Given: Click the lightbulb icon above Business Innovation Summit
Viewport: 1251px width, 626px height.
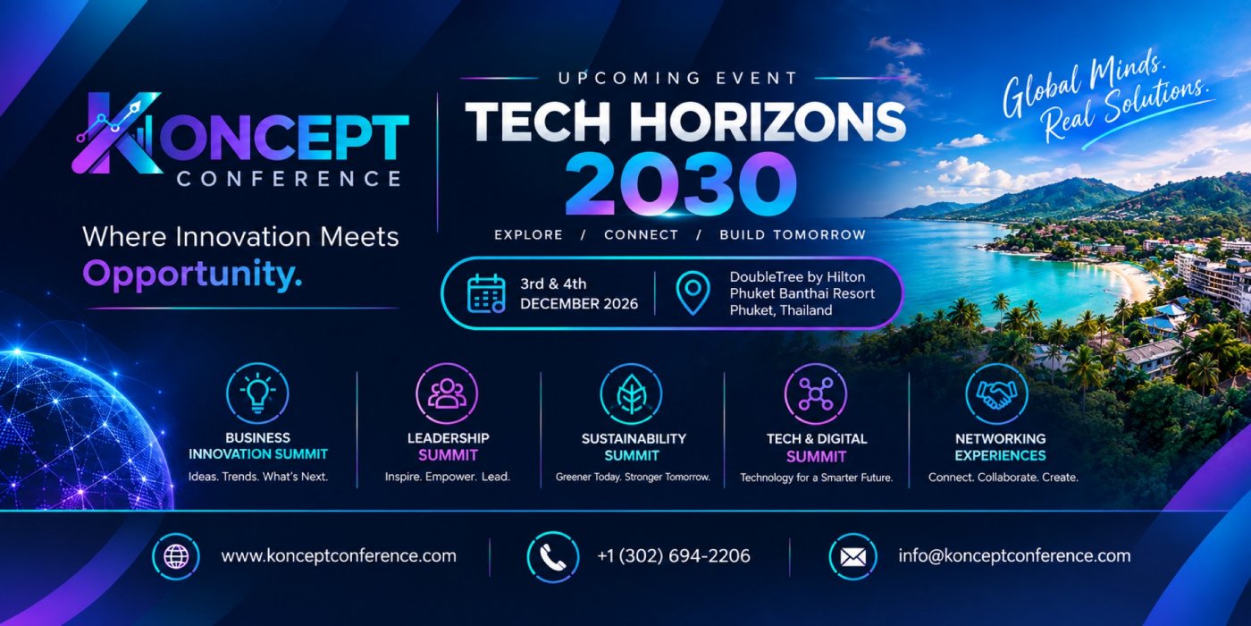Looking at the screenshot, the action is point(257,393).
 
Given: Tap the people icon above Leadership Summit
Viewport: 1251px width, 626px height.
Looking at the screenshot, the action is point(447,393).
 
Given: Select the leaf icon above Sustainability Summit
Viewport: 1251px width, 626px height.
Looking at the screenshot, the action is point(631,393).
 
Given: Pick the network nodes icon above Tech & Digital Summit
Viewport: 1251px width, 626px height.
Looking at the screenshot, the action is point(815,393).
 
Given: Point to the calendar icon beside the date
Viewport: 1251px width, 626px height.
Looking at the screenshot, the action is point(486,293).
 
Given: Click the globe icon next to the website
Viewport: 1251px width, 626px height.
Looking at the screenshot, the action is point(176,556).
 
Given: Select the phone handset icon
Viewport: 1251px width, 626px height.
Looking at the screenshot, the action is point(553,556).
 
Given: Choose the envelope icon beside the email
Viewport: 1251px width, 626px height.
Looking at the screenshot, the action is point(852,556).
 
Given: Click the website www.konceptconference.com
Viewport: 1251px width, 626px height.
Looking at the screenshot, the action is point(339,556).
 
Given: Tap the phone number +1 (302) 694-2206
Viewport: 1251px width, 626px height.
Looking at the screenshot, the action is point(674,556).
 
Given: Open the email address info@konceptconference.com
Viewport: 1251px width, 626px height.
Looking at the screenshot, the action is point(1014,555).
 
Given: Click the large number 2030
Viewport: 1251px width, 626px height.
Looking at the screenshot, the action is point(681,184).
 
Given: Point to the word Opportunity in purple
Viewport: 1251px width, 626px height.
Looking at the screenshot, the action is point(192,275).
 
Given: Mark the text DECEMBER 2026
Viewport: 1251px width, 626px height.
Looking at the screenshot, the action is point(579,303).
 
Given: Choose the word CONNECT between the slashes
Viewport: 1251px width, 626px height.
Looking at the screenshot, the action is point(641,234).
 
